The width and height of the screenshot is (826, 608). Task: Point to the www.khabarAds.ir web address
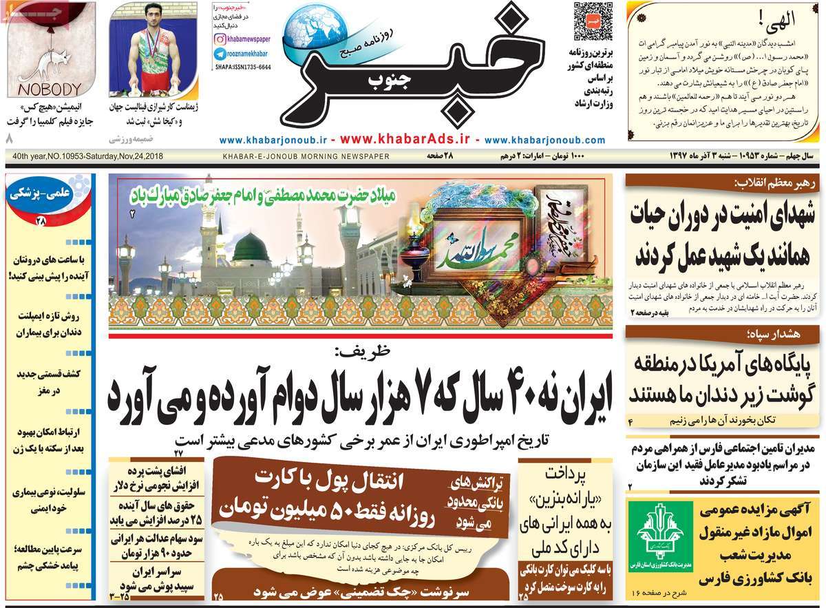[x=404, y=138]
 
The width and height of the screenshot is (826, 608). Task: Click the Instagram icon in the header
[x=219, y=40]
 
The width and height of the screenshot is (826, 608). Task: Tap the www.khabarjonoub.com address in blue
[x=544, y=139]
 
